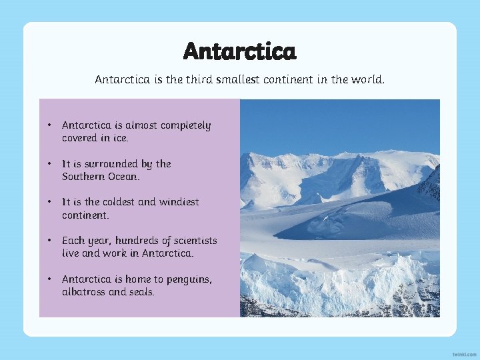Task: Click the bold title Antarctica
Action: click(240, 51)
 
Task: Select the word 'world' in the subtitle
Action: click(367, 79)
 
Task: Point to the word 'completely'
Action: click(185, 125)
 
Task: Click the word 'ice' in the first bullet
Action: click(120, 138)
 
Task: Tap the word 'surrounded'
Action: click(117, 163)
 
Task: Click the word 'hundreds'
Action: click(133, 240)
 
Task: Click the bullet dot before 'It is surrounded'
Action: click(49, 164)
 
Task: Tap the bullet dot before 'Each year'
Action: click(49, 241)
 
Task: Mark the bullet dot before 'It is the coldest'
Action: click(49, 202)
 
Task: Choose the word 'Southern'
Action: click(83, 177)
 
